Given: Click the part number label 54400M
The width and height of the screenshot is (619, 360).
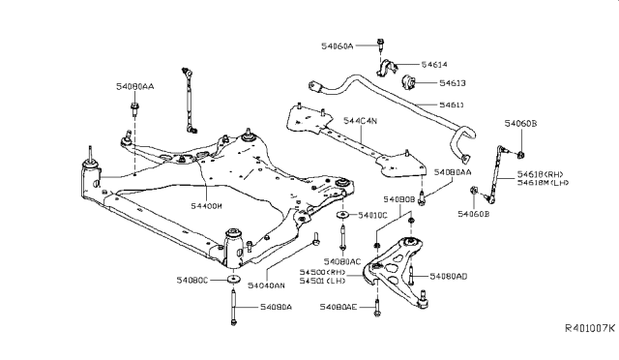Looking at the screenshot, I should [x=206, y=206].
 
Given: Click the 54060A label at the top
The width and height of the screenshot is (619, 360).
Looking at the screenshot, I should [x=338, y=45].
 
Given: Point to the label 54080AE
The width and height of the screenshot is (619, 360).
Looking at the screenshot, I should [x=339, y=307].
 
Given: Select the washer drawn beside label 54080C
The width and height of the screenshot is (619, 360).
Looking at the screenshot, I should [x=232, y=281].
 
